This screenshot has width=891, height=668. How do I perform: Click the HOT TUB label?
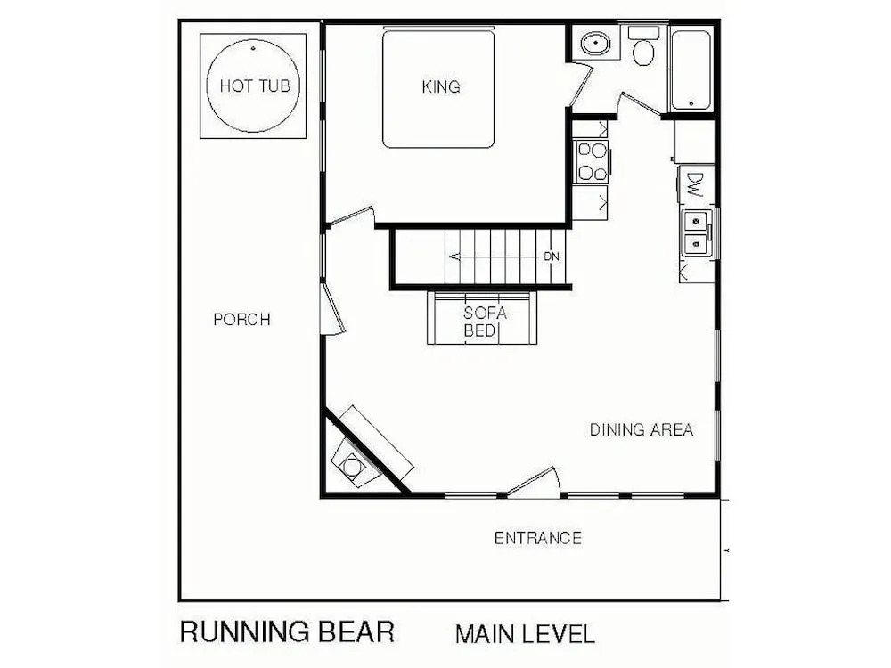(x=255, y=86)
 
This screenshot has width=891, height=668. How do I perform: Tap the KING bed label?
(x=441, y=87)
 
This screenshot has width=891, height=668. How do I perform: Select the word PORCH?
(x=242, y=320)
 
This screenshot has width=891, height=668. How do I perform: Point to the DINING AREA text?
(x=642, y=430)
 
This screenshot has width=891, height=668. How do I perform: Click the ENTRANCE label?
(x=537, y=539)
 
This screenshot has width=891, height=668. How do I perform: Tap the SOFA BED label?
(x=485, y=322)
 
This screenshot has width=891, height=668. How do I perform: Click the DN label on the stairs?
(x=552, y=257)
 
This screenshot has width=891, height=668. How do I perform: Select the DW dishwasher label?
(x=694, y=184)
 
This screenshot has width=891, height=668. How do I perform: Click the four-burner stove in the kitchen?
(x=591, y=161)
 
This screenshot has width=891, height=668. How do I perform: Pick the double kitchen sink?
(x=697, y=232)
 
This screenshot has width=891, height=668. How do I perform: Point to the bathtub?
(x=691, y=69)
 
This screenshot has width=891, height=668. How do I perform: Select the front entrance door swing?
(x=533, y=482)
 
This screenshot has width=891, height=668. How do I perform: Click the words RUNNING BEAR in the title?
(x=287, y=632)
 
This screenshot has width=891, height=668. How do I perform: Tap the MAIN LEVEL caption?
(x=525, y=634)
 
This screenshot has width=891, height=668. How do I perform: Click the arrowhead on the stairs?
(x=454, y=257)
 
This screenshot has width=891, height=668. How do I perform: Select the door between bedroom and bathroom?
(x=581, y=86)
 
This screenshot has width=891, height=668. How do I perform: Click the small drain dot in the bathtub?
(x=691, y=104)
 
